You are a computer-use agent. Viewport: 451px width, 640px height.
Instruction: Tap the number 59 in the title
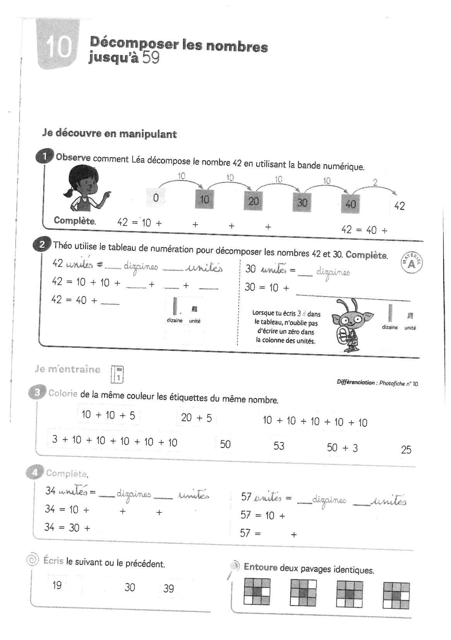click(x=151, y=58)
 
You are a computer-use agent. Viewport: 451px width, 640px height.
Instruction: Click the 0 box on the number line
click(x=156, y=198)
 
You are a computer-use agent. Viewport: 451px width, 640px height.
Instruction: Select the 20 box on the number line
click(x=254, y=201)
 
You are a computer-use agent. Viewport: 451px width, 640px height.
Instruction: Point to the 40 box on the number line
click(x=350, y=204)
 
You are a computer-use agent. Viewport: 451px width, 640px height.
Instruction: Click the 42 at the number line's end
click(x=399, y=206)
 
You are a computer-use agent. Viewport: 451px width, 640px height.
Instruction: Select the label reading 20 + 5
click(x=196, y=418)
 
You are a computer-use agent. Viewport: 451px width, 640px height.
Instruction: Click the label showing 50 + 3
click(x=342, y=448)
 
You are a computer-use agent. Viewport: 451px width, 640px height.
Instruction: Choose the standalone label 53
click(x=279, y=446)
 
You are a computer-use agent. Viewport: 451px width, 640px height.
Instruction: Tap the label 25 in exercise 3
click(x=406, y=450)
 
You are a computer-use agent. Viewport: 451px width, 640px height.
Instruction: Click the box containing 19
click(x=57, y=585)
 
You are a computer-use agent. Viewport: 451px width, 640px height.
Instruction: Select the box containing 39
click(x=169, y=589)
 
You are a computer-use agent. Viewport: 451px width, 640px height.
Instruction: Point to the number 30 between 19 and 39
click(x=130, y=587)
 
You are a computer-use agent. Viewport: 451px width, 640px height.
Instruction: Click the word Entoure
click(x=261, y=567)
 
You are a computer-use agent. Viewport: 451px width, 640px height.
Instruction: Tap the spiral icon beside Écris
click(x=33, y=559)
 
